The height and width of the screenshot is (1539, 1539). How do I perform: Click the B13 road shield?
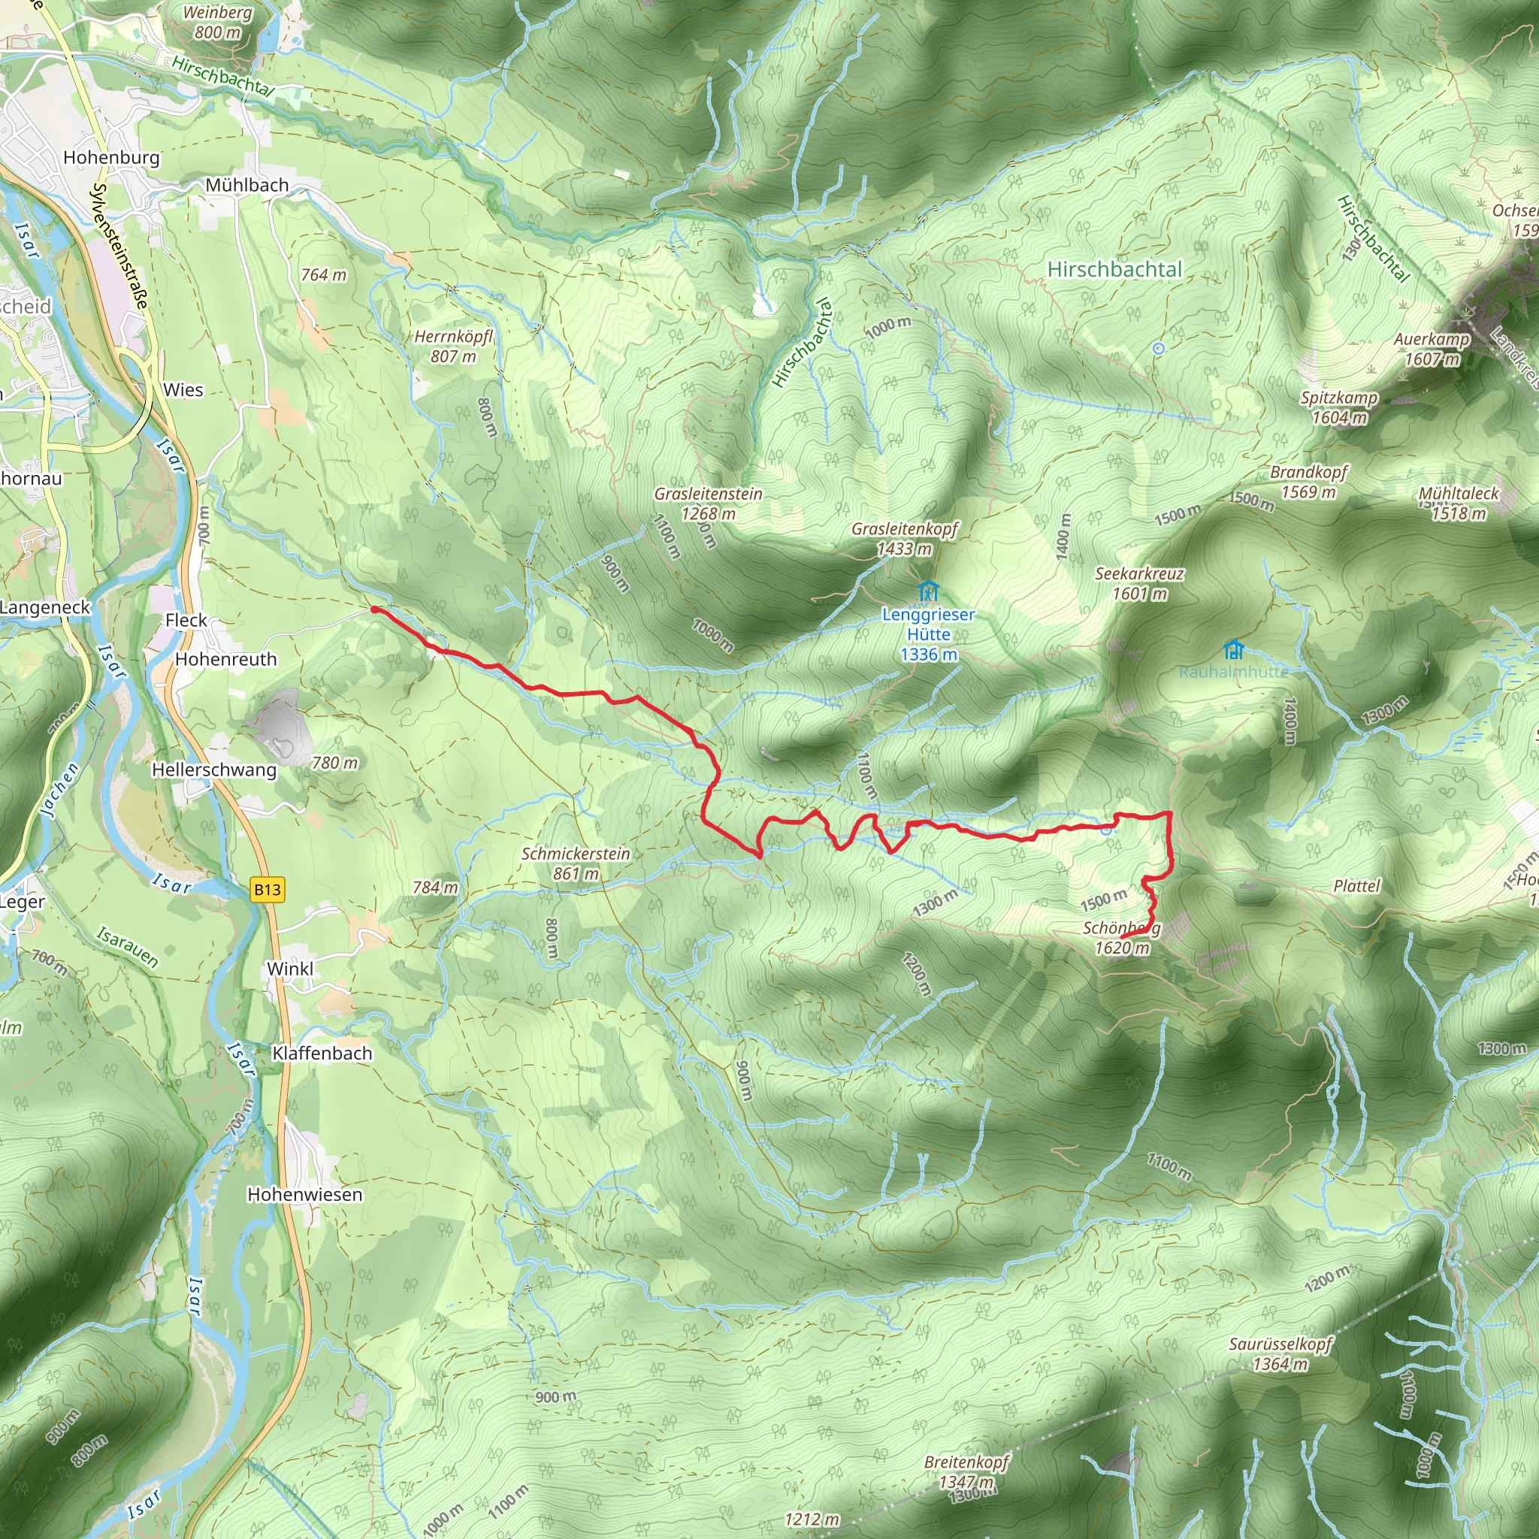point(268,889)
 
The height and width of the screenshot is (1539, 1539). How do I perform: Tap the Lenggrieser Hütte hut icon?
point(928,591)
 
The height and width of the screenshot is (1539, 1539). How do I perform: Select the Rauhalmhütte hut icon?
point(1233,649)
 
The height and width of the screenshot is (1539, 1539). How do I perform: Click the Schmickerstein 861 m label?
point(575,863)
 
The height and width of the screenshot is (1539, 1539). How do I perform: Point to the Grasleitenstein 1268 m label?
point(708,503)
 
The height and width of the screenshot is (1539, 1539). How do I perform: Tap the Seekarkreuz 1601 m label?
point(1139,583)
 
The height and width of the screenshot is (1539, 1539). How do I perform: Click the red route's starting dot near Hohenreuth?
point(374,610)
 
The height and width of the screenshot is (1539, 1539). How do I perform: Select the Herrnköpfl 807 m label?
point(453,346)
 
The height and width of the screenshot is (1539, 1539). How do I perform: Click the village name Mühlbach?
point(247,185)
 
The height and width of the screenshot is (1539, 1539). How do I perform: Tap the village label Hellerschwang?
point(214,769)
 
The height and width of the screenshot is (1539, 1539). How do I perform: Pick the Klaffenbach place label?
point(322,1053)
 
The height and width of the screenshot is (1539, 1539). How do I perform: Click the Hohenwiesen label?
point(304,1194)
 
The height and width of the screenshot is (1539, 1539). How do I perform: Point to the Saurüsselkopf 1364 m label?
point(1280,1354)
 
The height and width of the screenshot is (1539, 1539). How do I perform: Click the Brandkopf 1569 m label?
point(1308,482)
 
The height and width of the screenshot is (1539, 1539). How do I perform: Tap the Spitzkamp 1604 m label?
point(1339,407)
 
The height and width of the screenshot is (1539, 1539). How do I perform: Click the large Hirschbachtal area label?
point(1114,269)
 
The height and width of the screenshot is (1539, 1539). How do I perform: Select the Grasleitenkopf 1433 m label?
point(904,539)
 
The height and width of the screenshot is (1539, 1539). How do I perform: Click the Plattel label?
point(1356,886)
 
